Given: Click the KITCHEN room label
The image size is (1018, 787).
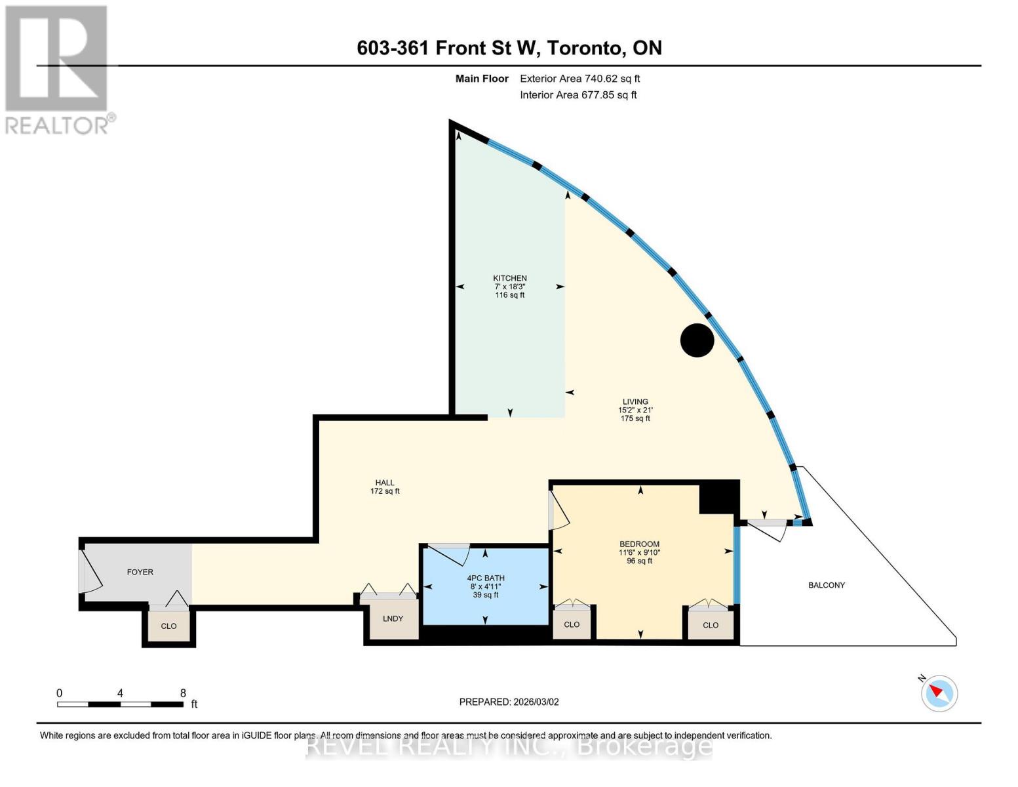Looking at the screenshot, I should click(x=509, y=278).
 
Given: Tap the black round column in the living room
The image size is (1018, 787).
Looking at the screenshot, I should click(x=697, y=340).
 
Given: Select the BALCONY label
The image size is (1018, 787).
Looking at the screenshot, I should click(x=826, y=585).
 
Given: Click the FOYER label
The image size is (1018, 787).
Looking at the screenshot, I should click(x=140, y=572).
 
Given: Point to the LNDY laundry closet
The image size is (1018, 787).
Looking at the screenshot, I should click(x=393, y=618).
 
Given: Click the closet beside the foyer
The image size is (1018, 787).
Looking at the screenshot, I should click(x=168, y=626).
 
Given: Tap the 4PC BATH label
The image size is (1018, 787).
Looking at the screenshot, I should click(x=485, y=578).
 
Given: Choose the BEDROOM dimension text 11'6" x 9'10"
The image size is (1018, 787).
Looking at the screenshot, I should click(x=639, y=552).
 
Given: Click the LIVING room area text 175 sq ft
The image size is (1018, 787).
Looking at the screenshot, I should click(x=635, y=418).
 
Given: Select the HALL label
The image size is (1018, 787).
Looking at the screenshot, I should click(x=385, y=483).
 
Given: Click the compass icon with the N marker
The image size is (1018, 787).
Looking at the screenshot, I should click(x=939, y=693).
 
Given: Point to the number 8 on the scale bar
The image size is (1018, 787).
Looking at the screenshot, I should click(x=183, y=693).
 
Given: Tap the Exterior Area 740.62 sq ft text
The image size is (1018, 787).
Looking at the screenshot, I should click(x=579, y=79).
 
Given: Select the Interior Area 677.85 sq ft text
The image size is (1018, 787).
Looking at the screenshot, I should click(x=578, y=95).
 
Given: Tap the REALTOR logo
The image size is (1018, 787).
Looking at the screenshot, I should click(x=58, y=69).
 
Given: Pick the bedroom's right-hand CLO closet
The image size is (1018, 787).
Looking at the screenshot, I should click(x=710, y=625).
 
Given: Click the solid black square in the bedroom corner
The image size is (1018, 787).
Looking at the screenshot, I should click(x=718, y=498).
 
